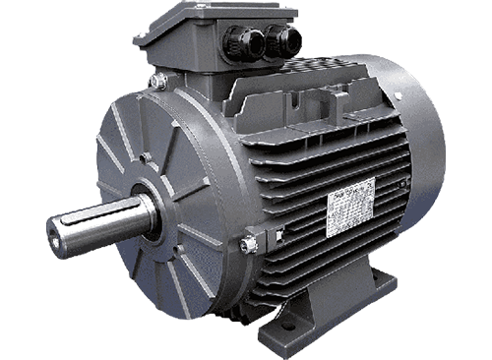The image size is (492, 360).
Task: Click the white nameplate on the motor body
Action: tap(352, 207)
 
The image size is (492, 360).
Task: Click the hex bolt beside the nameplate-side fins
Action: tap(249, 243)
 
